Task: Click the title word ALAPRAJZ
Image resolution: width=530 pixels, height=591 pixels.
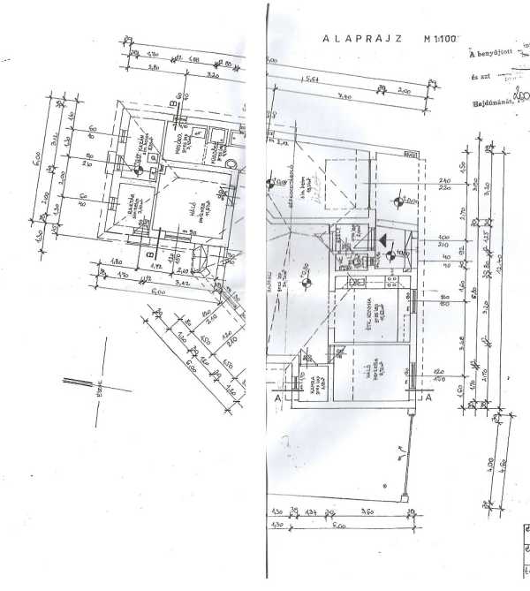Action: click(x=363, y=38)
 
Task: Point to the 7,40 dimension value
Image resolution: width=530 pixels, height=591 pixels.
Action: click(x=344, y=95)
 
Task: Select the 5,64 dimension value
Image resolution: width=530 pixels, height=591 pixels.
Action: click(x=312, y=79)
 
